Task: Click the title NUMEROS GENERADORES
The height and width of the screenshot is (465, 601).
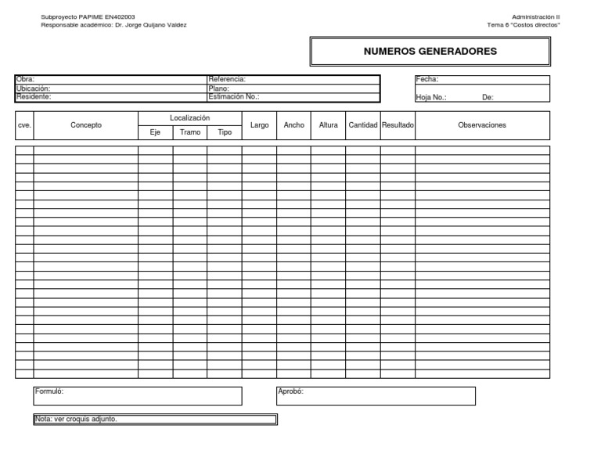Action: pos(430,52)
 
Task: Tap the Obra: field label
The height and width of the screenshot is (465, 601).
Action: pos(25,79)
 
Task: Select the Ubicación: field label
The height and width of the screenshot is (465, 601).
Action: pos(33,88)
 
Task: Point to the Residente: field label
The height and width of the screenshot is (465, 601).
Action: pos(34,97)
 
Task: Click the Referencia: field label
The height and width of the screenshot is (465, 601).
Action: pos(228,79)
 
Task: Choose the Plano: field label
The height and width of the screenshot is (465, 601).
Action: pos(218,88)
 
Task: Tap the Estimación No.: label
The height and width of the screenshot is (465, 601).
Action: pos(234,97)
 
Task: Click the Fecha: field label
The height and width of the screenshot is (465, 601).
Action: pos(427,79)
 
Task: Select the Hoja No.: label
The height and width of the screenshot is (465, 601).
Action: pos(431,98)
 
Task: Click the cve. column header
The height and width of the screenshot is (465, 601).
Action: pos(24,125)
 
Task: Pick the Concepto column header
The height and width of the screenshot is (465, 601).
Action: pos(86,125)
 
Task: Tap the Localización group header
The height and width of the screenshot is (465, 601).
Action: pos(190,117)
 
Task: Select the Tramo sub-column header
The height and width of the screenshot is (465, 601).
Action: pos(190,132)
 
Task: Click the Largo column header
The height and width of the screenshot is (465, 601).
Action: pos(259,125)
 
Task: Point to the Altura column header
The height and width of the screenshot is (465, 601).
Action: pos(329,125)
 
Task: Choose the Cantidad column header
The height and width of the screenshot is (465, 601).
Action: pos(363,125)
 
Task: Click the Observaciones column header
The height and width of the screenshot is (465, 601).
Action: pos(482,125)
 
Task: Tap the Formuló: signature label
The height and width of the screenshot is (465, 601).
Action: pos(49,391)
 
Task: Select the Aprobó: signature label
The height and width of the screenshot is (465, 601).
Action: pos(291,391)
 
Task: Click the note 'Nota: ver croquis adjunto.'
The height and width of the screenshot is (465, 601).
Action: pos(76,419)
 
